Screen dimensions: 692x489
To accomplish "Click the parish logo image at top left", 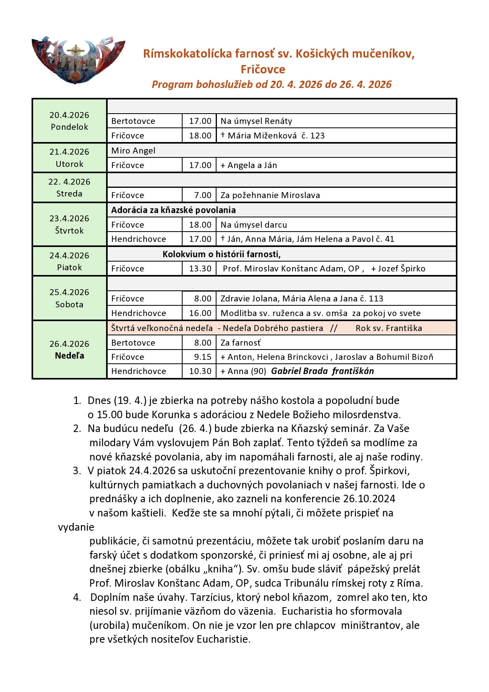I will click(78, 60).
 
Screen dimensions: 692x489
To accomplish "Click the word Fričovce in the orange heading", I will click(263, 69).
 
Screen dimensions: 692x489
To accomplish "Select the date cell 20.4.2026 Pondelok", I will click(69, 121).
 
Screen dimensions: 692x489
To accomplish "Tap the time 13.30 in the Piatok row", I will click(200, 269).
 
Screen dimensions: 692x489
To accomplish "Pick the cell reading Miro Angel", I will click(133, 151).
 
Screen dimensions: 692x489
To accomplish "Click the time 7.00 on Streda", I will click(203, 195).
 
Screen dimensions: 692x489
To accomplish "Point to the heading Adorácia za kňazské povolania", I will click(173, 210).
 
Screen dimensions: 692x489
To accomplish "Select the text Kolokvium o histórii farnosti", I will click(221, 254).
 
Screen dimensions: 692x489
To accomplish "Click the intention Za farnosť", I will click(240, 342).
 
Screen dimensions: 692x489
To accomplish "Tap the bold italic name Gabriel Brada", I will click(299, 371).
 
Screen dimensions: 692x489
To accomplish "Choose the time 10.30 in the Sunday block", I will click(200, 371).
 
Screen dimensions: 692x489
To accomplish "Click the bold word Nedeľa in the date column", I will click(69, 356).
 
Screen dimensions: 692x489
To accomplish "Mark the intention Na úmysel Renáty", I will click(256, 121).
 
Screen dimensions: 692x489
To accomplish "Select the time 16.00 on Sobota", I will click(200, 313).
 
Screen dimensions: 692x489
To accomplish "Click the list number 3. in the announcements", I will click(77, 471).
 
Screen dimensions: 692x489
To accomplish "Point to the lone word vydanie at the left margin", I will click(76, 527).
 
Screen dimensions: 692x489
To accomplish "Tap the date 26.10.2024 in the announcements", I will click(369, 499).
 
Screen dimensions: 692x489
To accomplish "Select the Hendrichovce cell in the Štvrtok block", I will click(138, 239).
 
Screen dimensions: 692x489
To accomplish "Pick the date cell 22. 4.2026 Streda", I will click(69, 187).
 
